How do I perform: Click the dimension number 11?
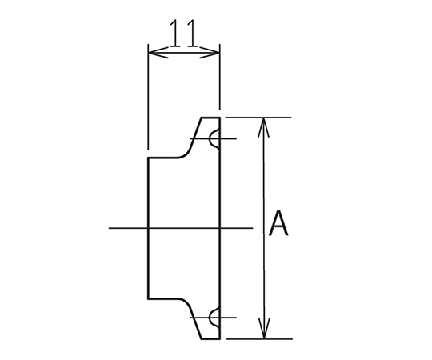click(183, 33)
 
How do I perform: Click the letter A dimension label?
click(278, 223)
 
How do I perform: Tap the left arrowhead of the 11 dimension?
click(158, 52)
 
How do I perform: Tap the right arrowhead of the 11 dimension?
click(210, 52)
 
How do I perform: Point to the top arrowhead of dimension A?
click(264, 127)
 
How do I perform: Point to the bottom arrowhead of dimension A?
click(264, 329)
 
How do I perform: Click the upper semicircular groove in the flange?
click(214, 139)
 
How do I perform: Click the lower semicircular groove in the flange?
click(214, 318)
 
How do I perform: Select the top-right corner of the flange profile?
click(219, 118)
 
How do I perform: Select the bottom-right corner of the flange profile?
click(219, 338)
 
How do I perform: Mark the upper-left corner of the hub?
click(149, 158)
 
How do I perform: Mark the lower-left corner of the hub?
click(149, 298)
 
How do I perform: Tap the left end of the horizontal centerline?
click(109, 228)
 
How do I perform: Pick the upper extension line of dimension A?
click(258, 118)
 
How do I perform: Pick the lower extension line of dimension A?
click(259, 338)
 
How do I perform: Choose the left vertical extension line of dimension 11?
click(148, 97)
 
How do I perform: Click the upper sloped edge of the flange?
click(196, 134)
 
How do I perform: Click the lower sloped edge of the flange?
click(196, 323)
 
